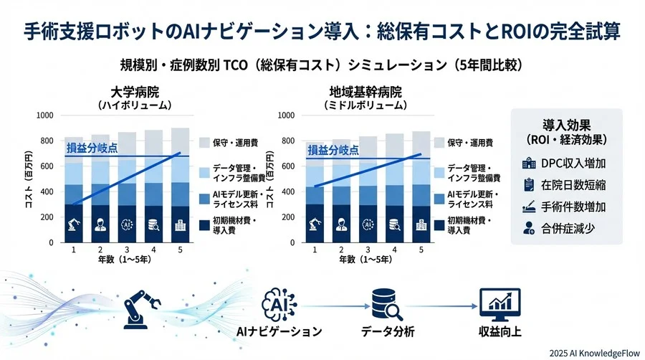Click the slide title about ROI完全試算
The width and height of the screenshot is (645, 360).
tap(322, 32)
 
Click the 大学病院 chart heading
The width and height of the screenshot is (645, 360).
tap(135, 93)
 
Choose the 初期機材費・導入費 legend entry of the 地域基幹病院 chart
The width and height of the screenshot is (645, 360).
tap(470, 225)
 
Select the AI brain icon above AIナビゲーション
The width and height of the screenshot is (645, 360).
tap(279, 303)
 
